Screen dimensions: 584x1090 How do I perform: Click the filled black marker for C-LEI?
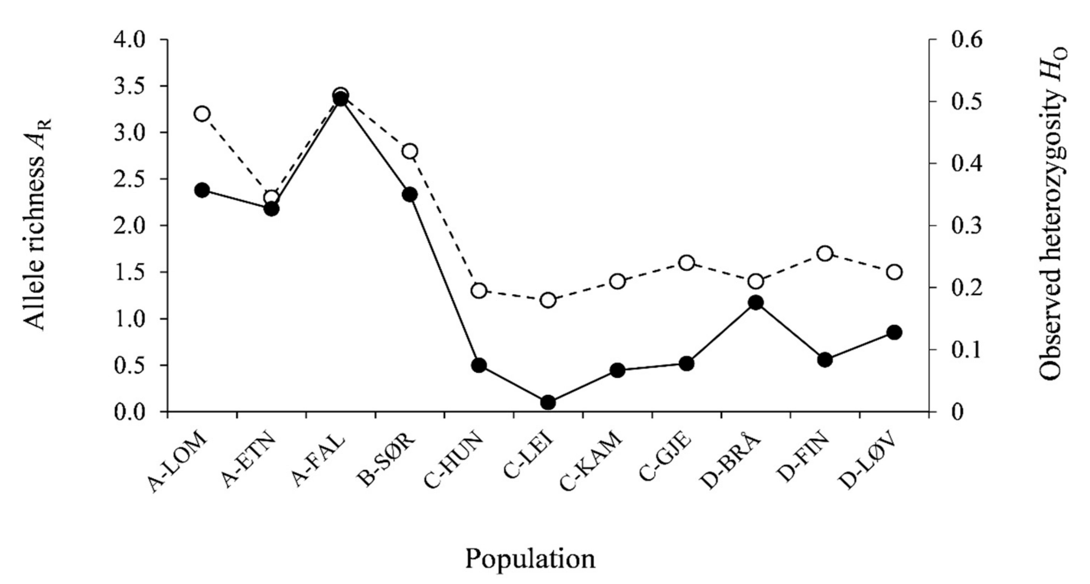548,403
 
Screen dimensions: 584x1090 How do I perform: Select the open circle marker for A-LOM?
202,114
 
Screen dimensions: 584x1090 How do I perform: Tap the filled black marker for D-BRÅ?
756,303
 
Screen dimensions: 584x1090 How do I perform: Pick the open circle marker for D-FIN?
825,254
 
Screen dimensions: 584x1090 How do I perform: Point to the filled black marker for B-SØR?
410,195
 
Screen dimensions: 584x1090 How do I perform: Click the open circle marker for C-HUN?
479,291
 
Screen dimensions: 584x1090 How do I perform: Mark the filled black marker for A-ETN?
271,209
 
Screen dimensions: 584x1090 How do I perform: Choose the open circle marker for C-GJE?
686,263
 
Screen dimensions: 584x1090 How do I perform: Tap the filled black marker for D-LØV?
894,332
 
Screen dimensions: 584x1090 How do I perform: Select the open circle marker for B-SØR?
410,151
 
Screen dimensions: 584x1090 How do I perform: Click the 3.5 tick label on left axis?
129,86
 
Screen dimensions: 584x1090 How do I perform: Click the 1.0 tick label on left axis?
129,319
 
